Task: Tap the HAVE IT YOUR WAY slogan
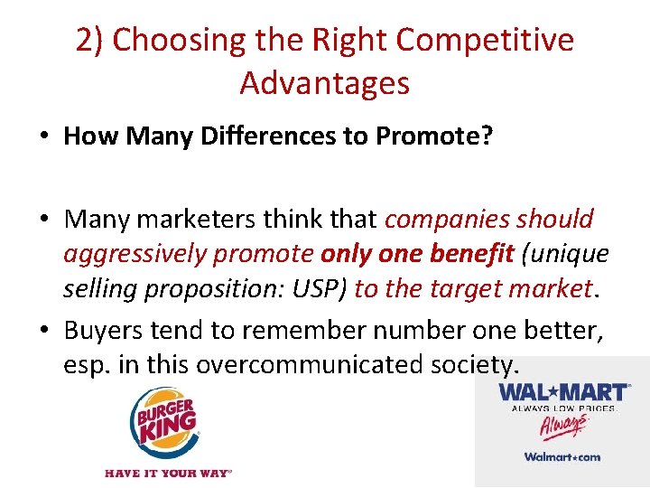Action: click(168, 473)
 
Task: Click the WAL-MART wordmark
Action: click(563, 393)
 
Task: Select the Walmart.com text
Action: click(562, 456)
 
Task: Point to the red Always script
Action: click(561, 426)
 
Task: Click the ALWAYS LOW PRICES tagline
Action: click(563, 408)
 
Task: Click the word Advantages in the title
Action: click(324, 83)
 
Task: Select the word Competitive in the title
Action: click(485, 41)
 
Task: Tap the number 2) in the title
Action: click(89, 41)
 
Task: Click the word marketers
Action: click(206, 220)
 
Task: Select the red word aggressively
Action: click(135, 255)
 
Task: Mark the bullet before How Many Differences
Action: click(43, 137)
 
